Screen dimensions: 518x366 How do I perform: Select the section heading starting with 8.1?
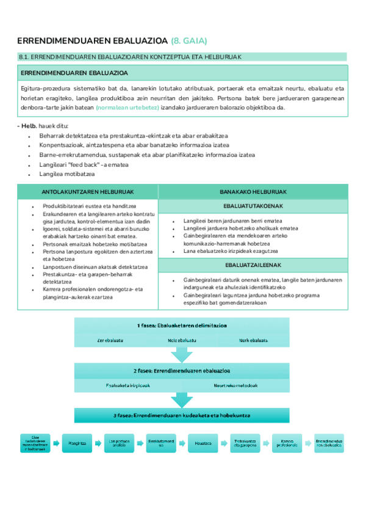point(130,57)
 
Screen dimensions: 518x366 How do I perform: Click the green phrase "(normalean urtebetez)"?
point(127,108)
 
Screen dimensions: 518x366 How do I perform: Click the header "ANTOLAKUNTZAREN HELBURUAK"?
point(87,191)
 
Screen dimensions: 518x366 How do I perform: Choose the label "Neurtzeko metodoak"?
point(235,385)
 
